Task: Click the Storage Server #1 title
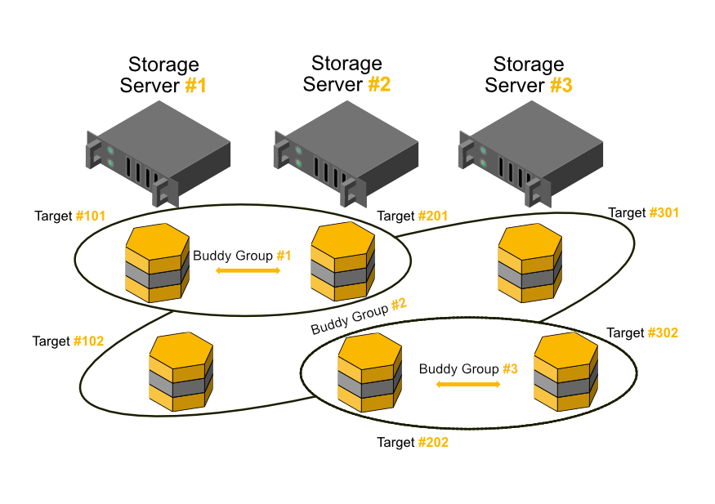coord(163,75)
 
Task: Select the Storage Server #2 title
coord(346,74)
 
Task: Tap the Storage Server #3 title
coord(529,74)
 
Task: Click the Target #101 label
coord(70,216)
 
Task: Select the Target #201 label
coord(413,216)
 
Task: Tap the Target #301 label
coord(644,213)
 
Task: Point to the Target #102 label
coord(68,341)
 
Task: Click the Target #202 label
coord(413,443)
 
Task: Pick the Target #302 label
coord(642,333)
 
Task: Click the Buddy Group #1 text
coord(242,256)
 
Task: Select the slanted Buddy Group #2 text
coord(359,316)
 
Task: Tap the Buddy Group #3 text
coord(468,369)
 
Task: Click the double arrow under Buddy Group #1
coord(248,270)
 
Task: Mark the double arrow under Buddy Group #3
coord(469,383)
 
